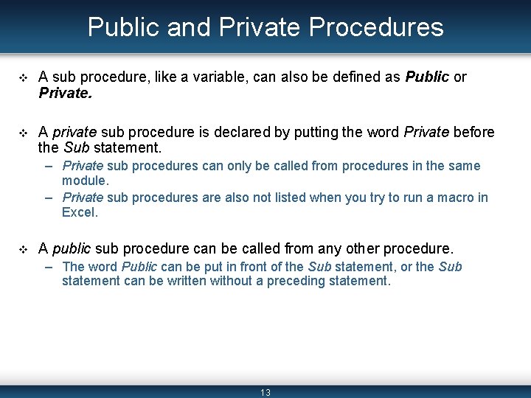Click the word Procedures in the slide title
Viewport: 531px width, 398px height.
pos(376,27)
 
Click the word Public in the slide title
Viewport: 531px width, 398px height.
pos(125,27)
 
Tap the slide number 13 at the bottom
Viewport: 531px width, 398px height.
pos(265,393)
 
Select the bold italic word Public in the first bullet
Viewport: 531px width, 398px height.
pos(427,77)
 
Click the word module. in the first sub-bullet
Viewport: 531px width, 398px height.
pos(85,180)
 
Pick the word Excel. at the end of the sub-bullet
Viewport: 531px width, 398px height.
pos(80,212)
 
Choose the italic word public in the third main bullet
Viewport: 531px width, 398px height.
pos(72,248)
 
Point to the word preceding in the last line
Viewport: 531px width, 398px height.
pos(287,281)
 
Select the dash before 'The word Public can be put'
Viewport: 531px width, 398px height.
pos(49,267)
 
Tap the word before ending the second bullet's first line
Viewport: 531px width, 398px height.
pos(473,132)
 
